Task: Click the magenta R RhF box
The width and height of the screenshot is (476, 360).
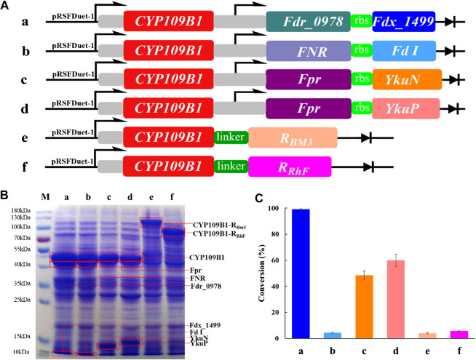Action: coord(290,167)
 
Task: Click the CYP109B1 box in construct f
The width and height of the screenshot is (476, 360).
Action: coord(167,167)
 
